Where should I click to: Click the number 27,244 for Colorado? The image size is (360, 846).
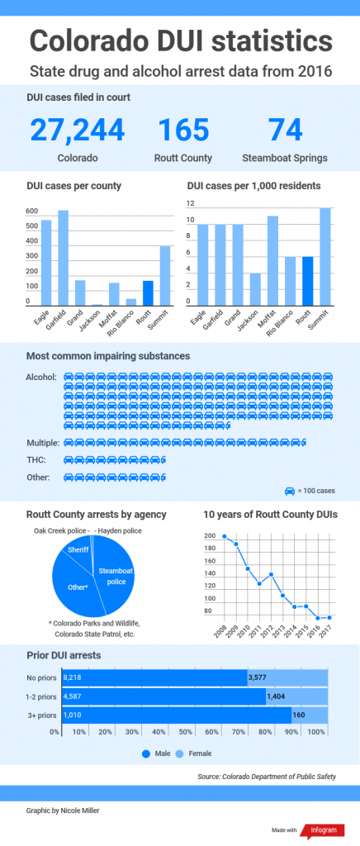pos(78,130)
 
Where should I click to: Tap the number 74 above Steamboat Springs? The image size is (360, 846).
pos(285,130)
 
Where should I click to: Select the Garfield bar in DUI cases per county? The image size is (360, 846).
pos(63,258)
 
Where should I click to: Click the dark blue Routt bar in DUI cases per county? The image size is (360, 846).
pos(148,293)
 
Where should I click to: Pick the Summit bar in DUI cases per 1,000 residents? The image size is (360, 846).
pos(325,257)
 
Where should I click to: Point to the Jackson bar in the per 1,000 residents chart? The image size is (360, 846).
pos(255,290)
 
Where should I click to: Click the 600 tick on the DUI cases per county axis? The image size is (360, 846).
pos(32,211)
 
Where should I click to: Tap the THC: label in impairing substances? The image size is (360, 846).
pos(36,459)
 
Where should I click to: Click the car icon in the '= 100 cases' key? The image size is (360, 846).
pos(289,491)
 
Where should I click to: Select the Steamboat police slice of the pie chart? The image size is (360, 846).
pos(114,575)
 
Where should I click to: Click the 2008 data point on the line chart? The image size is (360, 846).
pos(225,536)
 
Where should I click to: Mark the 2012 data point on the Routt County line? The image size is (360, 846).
pos(271,574)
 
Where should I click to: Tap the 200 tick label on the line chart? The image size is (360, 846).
pos(210,536)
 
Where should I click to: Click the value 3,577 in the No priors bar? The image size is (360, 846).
pos(257,677)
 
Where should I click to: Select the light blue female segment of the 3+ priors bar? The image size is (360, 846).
pos(310,715)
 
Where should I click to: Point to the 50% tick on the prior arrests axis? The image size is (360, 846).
pos(186,732)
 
